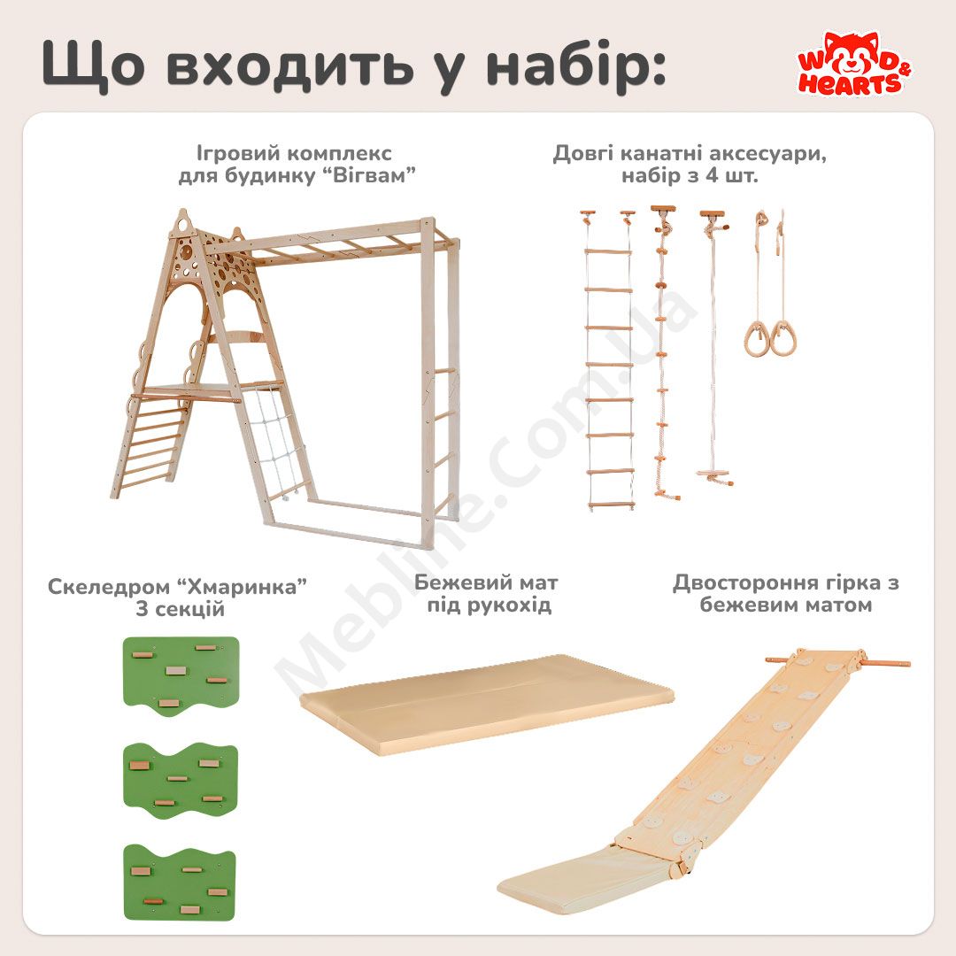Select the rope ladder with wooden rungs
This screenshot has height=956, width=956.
point(608,359)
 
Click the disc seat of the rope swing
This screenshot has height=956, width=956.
point(715,475)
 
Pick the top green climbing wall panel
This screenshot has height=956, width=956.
point(181,675)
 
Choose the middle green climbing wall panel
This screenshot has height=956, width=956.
point(181,781)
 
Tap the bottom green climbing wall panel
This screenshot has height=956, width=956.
point(180,883)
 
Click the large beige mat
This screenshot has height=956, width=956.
point(487,704)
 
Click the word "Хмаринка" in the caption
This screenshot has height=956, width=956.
point(241,587)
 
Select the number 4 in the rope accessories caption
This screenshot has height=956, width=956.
point(711,176)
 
